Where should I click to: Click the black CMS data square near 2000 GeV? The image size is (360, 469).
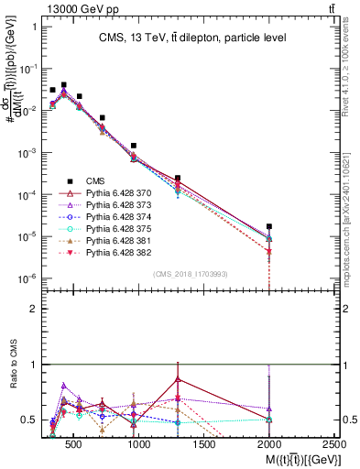tap(269, 226)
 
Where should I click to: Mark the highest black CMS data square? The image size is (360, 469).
tap(63, 84)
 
